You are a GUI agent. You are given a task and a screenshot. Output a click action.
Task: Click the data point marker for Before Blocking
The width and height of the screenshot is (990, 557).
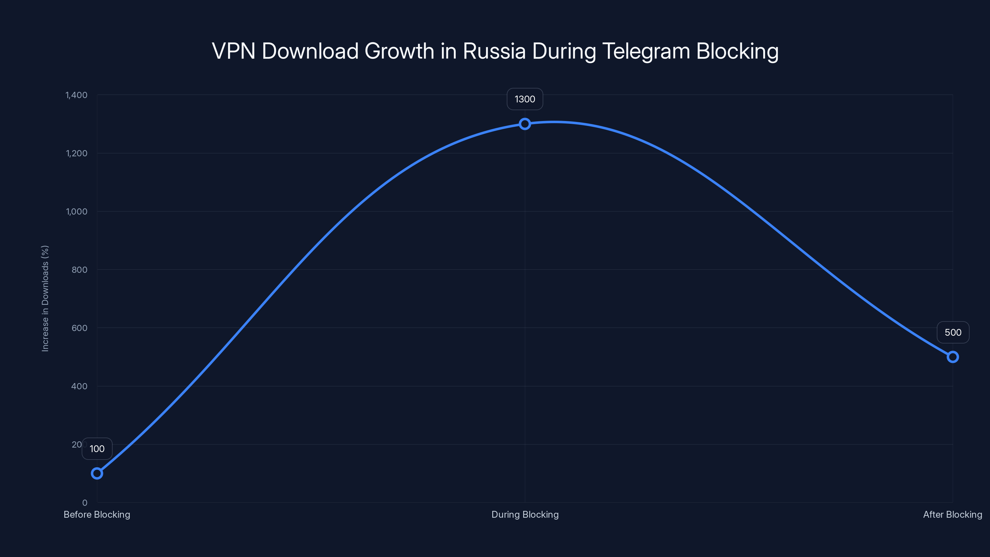point(97,473)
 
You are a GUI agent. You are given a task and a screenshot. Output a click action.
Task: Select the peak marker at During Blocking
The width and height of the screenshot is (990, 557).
point(525,124)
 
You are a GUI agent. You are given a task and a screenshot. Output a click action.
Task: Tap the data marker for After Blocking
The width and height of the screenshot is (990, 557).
point(952,357)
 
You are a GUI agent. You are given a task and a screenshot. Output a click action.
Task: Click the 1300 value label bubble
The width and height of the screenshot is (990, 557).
point(525,99)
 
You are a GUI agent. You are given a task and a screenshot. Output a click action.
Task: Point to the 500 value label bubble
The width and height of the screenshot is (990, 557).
point(953,333)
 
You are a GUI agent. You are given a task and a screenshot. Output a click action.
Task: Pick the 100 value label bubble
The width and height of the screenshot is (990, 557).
point(97,449)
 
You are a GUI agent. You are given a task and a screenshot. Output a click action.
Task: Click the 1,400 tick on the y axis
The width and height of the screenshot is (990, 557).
point(76,95)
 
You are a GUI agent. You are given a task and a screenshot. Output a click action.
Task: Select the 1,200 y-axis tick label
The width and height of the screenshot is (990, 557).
point(76,153)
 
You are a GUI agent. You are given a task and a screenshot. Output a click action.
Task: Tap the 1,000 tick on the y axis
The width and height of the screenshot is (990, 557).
point(76,211)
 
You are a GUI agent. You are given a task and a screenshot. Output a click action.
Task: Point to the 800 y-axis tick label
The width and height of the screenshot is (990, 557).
point(79,270)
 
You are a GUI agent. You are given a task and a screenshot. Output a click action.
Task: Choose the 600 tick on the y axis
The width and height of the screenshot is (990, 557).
point(79,328)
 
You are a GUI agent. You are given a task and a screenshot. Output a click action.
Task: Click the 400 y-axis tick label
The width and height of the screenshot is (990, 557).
point(79,386)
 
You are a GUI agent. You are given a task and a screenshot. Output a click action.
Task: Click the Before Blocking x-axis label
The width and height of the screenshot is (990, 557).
point(97,514)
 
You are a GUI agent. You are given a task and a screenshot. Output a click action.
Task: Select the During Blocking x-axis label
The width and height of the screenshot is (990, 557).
point(525,514)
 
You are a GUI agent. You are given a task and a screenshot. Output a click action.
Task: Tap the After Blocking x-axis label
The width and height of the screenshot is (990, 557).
point(952,514)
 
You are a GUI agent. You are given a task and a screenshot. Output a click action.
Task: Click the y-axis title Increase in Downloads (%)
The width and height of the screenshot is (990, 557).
point(45,298)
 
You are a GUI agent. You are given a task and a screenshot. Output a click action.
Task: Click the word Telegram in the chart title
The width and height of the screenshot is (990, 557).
point(646,51)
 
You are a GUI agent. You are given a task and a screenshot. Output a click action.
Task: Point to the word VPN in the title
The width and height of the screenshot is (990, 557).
point(233,51)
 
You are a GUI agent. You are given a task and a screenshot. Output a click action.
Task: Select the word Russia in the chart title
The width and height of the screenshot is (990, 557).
point(494,51)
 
